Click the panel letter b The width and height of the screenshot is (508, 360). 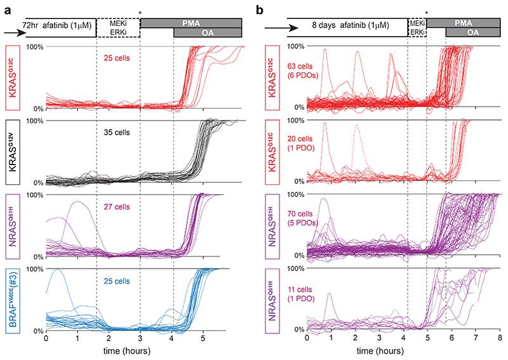263,9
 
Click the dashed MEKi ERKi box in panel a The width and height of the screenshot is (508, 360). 118,28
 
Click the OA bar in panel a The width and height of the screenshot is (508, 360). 208,33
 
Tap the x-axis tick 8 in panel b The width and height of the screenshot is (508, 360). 500,340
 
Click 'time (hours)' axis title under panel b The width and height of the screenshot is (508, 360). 403,351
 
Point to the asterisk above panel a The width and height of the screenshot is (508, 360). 140,13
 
